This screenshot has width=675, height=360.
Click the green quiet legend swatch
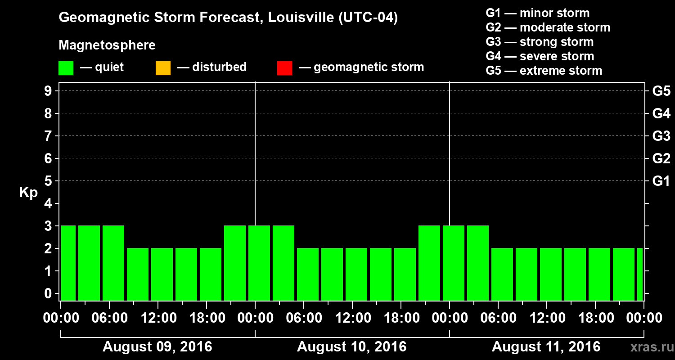coord(66,67)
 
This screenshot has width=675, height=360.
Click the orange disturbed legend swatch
coord(163,67)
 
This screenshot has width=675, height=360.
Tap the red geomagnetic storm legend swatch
coord(284,67)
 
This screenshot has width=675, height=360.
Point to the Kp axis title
coord(28,193)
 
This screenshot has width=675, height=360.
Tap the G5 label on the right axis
coord(661,91)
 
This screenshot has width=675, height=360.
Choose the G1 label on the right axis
coord(661,181)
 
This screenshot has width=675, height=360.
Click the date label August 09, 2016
coord(157,347)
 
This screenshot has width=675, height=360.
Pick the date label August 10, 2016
coord(351,347)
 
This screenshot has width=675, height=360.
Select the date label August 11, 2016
coord(546,347)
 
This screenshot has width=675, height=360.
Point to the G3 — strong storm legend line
coord(540,42)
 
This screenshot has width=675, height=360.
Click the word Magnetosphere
coord(107,45)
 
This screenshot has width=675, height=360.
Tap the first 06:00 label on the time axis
coord(109,318)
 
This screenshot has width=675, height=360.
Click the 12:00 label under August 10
coord(352,318)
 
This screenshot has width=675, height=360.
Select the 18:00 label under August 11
coord(595,318)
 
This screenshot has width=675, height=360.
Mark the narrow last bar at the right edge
coord(639,274)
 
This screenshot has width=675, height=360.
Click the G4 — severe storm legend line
coord(540,56)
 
